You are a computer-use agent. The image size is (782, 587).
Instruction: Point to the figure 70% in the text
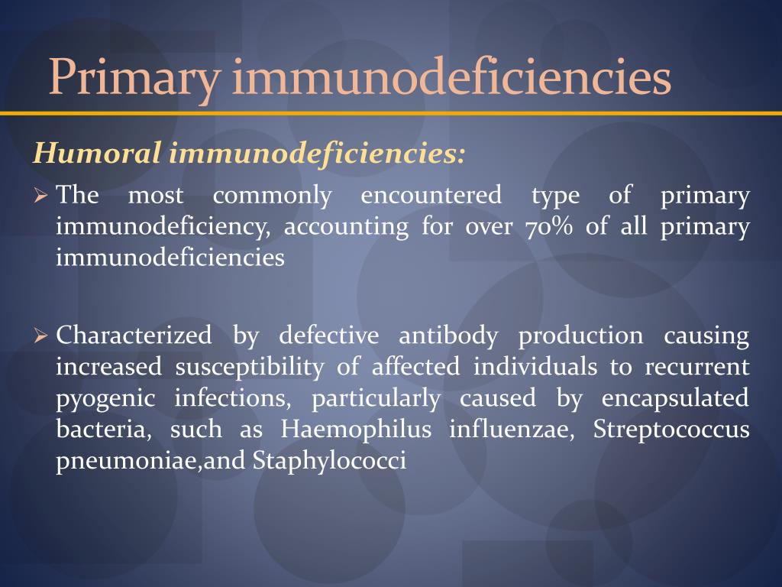(549, 227)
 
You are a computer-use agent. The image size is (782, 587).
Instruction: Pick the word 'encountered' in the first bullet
(431, 196)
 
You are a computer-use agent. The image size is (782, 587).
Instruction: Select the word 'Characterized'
(134, 336)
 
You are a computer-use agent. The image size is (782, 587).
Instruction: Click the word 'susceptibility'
(250, 368)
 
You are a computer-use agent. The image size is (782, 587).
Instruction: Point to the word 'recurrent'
(696, 368)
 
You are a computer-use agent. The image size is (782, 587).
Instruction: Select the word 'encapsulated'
(675, 399)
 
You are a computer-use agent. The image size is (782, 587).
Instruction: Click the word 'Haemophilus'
(355, 430)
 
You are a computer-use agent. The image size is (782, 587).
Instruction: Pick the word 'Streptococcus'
(671, 430)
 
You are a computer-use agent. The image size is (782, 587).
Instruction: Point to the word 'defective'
(328, 336)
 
